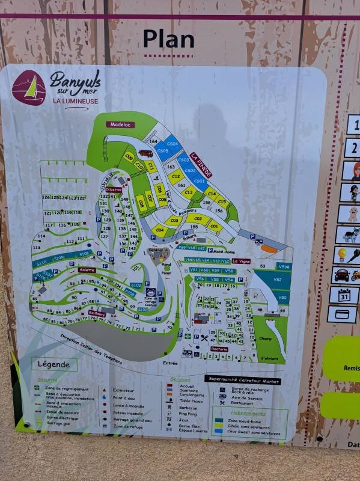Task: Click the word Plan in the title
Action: click(x=169, y=40)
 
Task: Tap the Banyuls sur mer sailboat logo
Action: click(x=29, y=88)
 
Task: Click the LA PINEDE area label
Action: click(x=201, y=164)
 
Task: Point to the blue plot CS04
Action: click(x=172, y=144)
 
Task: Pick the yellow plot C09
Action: click(x=128, y=157)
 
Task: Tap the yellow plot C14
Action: click(x=210, y=194)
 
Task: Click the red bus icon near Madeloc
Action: click(x=145, y=153)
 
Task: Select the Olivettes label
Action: click(x=114, y=189)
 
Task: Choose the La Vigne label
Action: click(x=240, y=261)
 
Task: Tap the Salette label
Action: click(x=87, y=270)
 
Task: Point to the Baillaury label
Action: click(x=97, y=313)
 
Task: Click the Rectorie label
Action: click(x=219, y=349)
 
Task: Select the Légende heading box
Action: click(x=54, y=364)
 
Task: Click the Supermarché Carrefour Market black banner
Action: click(x=243, y=379)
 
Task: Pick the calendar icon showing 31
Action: click(x=343, y=295)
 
